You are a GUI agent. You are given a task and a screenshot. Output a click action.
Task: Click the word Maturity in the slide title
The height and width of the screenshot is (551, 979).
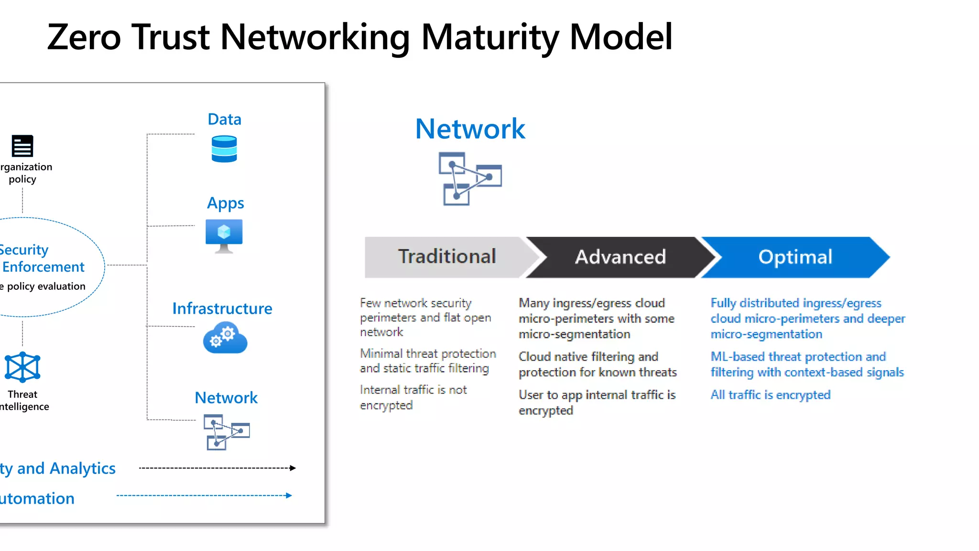pos(489,37)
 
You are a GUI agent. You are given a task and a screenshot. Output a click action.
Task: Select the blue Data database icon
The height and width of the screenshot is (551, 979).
pos(224,149)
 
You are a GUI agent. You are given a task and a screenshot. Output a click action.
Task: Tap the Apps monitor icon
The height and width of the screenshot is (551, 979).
pos(224,235)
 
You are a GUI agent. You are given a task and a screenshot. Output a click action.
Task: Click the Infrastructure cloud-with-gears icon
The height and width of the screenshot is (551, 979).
pos(225,338)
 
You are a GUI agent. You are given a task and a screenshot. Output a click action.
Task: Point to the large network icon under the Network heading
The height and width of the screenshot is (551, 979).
pos(470,178)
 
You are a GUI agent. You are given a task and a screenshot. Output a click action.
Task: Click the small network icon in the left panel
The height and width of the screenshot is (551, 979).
pos(227,432)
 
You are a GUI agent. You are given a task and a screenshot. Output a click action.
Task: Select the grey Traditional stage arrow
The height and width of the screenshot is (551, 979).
pos(447,257)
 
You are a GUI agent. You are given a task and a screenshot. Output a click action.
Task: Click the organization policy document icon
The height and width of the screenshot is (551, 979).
pos(22,146)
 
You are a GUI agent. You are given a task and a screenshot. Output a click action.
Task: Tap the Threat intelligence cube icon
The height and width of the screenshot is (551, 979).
pos(22,367)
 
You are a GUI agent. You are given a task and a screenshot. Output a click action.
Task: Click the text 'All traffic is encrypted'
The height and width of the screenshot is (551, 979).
pos(770,395)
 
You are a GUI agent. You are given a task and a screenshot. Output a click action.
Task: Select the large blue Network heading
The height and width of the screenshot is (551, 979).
pos(470,129)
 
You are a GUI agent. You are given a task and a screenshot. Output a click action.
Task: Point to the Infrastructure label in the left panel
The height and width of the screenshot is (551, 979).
pos(222,309)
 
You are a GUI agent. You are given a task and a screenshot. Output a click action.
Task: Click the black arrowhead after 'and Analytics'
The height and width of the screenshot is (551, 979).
pos(293,468)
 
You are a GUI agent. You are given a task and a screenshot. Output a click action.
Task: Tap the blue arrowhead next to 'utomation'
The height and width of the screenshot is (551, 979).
pos(289,496)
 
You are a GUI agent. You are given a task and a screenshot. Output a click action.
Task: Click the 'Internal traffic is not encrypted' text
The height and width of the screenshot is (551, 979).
pos(413,397)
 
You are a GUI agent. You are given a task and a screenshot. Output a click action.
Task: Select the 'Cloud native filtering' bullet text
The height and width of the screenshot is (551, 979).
pos(598,364)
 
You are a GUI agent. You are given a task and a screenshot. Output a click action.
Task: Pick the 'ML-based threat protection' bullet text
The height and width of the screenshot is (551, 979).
pos(807,364)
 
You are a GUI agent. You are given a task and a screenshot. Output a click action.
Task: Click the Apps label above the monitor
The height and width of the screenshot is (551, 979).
pos(225,203)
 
